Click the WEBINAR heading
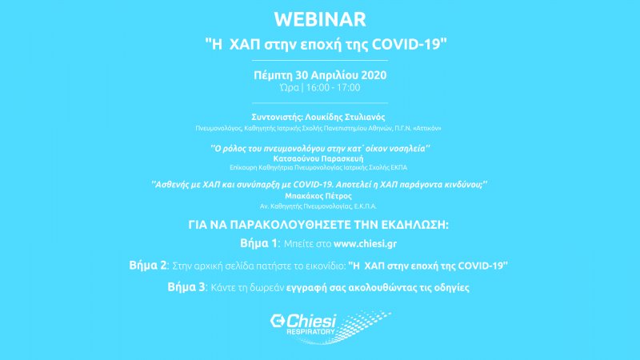click(320, 19)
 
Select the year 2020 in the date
click(374, 75)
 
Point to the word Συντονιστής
click(276, 118)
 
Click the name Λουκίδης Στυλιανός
click(345, 117)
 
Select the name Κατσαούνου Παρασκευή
click(318, 158)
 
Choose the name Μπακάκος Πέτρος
click(318, 196)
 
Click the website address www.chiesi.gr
click(365, 244)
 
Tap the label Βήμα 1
click(258, 243)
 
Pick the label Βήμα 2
click(148, 266)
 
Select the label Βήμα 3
click(186, 287)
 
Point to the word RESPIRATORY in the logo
click(310, 332)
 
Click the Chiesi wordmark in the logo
click(311, 321)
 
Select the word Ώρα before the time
click(290, 87)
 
